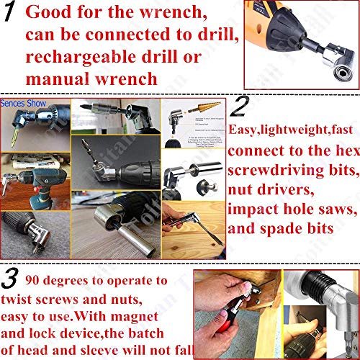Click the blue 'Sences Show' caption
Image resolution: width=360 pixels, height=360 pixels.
pos(24,103)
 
